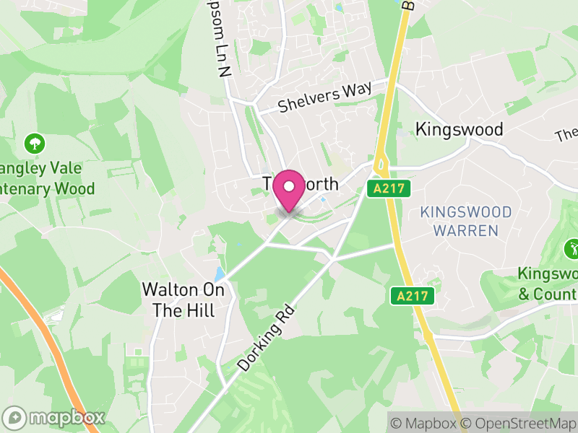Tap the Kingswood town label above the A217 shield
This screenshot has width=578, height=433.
coord(459,130)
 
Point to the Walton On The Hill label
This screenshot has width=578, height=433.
coord(184,299)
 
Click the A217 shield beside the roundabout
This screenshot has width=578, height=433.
coord(392,189)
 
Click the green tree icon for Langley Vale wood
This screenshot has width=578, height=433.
coord(33,142)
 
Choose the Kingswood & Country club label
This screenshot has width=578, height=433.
coord(548,284)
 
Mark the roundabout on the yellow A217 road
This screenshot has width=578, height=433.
coord(380,164)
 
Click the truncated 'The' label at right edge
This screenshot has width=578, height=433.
coord(566,135)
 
